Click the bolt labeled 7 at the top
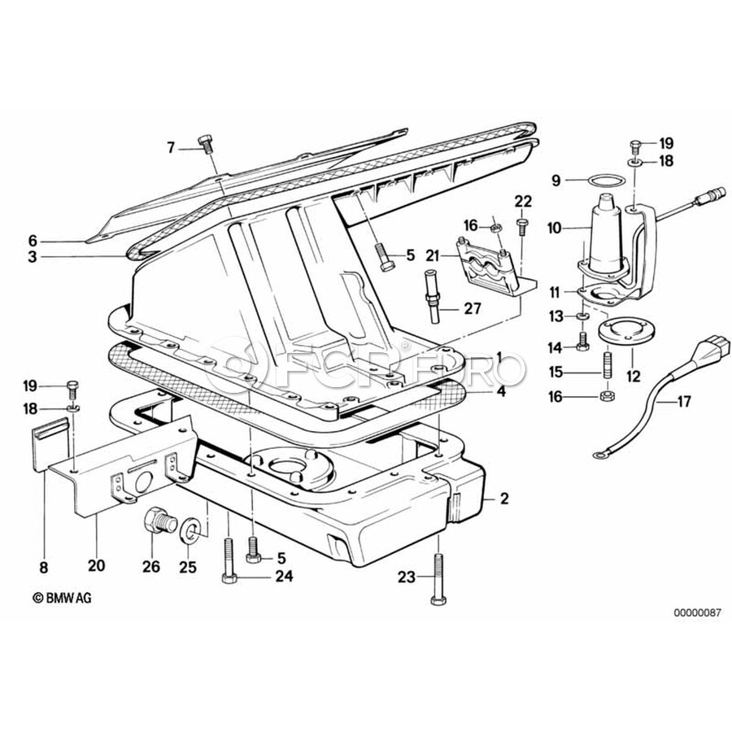click(x=206, y=144)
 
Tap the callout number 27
click(x=472, y=308)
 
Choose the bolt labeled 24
click(x=229, y=561)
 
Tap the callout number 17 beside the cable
click(x=683, y=401)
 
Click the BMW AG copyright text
click(x=63, y=598)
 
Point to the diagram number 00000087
click(x=696, y=613)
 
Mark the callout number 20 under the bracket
click(x=97, y=566)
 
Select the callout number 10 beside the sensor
click(x=555, y=229)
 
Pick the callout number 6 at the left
click(x=33, y=241)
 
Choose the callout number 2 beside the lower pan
click(x=504, y=499)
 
